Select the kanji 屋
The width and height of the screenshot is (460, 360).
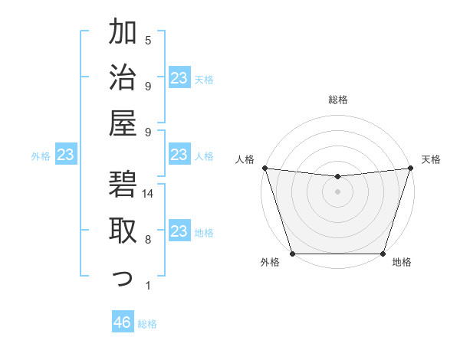pyautogui.click(x=123, y=123)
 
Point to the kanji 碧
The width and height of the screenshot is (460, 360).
pyautogui.click(x=123, y=185)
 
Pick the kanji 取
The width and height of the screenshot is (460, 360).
pyautogui.click(x=123, y=231)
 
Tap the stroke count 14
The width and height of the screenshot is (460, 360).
pyautogui.click(x=148, y=194)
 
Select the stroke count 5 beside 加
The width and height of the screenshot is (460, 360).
pyautogui.click(x=148, y=40)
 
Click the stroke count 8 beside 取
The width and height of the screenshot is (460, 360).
pyautogui.click(x=148, y=240)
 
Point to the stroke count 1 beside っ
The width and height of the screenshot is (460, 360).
pyautogui.click(x=148, y=286)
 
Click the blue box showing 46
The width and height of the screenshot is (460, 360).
pyautogui.click(x=123, y=322)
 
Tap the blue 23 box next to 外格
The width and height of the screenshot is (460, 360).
pyautogui.click(x=66, y=155)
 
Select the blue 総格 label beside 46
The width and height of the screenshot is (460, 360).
pyautogui.click(x=147, y=324)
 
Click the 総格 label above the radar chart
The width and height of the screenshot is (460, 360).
pyautogui.click(x=337, y=100)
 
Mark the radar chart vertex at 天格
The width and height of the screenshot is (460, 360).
pyautogui.click(x=410, y=168)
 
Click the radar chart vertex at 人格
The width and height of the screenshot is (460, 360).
pyautogui.click(x=264, y=168)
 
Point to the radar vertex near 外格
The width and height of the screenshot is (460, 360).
pyautogui.click(x=292, y=254)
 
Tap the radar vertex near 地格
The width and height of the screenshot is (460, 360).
pyautogui.click(x=383, y=254)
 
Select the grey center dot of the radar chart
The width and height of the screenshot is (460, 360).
pyautogui.click(x=337, y=191)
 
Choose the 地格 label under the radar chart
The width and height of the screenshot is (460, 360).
pyautogui.click(x=402, y=263)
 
